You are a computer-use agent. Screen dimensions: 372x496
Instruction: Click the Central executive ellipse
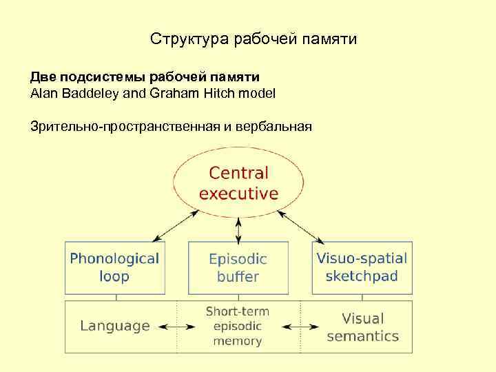click(238, 183)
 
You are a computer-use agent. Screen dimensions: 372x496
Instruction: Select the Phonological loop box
click(114, 267)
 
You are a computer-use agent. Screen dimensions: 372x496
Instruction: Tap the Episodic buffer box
click(238, 268)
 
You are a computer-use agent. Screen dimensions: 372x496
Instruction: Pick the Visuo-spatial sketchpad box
click(362, 267)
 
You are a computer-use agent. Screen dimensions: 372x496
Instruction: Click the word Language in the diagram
click(115, 326)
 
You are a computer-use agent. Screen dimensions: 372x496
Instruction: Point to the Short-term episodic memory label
click(238, 326)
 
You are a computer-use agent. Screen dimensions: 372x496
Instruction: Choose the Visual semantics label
click(362, 327)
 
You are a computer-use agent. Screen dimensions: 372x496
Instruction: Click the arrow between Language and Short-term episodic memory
click(176, 327)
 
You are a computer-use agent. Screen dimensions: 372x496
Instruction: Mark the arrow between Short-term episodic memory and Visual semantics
click(300, 327)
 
